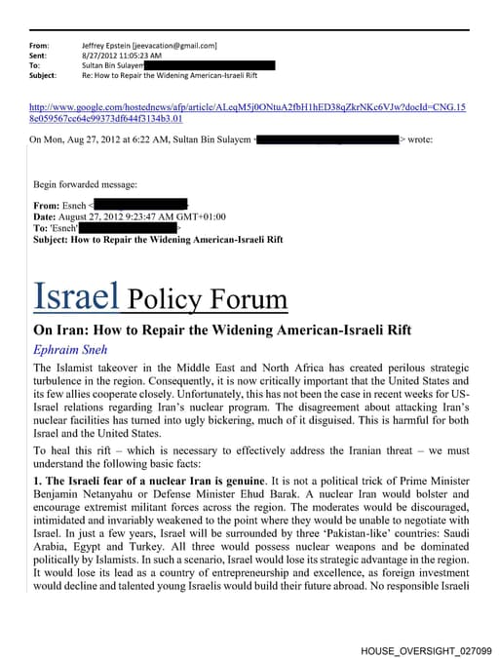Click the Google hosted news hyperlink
click(x=248, y=110)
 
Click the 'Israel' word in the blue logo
click(x=76, y=293)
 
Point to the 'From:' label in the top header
click(x=39, y=45)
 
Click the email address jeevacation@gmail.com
click(x=182, y=45)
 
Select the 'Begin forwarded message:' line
click(x=86, y=183)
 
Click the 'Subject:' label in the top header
click(x=43, y=75)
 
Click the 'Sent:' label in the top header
click(x=39, y=55)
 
